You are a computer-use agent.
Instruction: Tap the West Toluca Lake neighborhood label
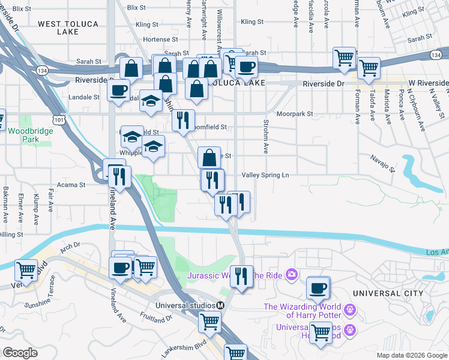(x=66, y=29)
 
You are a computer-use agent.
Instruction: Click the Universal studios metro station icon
(x=220, y=305)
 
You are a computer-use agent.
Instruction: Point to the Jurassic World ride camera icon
(x=292, y=275)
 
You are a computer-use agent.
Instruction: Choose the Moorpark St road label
(x=295, y=113)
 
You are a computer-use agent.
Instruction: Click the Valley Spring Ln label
(x=265, y=175)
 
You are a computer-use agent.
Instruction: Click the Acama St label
(x=71, y=185)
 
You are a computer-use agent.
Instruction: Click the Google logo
(x=20, y=353)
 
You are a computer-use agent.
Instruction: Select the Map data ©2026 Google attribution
(x=412, y=355)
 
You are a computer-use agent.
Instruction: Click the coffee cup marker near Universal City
(x=318, y=287)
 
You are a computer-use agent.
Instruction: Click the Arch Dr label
(x=70, y=245)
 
